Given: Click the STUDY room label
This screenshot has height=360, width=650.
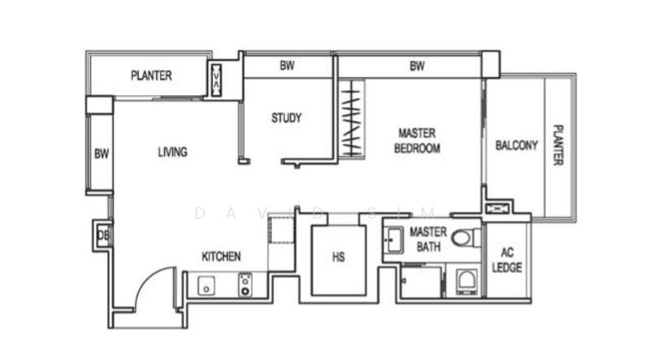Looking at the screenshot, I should point(286,118).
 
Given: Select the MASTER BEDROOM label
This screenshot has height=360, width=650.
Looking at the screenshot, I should point(417,140).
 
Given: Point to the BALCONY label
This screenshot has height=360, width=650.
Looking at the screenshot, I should point(516,145).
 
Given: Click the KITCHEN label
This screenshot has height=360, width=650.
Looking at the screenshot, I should point(221,257).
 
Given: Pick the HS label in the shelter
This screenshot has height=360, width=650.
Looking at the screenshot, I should point(339,258).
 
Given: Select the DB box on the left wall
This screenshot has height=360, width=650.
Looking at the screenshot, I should point(102,236).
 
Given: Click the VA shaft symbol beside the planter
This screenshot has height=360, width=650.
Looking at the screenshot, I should point(217,80).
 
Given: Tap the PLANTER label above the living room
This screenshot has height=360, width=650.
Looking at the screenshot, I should point(151,76).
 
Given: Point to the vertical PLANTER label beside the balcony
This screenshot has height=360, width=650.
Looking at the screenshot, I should point(557,145).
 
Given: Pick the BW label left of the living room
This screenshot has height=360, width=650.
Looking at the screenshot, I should point(101,153).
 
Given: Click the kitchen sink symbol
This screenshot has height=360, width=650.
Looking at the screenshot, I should point(206,285).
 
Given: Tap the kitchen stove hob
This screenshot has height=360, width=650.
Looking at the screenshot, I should point(244,284).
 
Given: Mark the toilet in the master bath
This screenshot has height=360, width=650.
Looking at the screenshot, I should point(464,239).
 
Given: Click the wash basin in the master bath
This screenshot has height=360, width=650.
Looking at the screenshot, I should point(395,240).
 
